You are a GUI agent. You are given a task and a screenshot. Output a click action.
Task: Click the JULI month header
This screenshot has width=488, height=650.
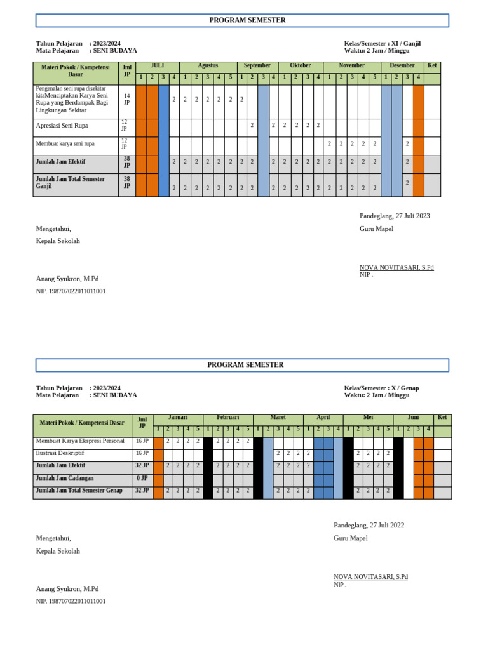157,66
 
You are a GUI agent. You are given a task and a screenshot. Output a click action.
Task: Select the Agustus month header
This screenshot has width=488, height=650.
208,66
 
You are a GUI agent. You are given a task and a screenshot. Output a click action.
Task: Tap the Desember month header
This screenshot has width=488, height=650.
402,66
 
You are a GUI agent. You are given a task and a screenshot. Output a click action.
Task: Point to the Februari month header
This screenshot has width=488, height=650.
227,418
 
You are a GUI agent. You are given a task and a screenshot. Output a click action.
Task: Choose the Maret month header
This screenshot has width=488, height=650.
278,418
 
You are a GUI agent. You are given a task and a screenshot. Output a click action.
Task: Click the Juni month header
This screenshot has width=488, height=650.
413,418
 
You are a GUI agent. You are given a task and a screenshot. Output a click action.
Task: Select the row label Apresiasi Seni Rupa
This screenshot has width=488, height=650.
62,126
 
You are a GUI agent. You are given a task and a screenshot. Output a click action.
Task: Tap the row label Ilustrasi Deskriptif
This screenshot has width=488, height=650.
60,453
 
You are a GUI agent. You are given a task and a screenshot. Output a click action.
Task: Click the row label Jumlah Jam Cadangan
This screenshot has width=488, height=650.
65,478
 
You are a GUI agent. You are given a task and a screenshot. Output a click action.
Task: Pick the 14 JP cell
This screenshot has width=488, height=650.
126,99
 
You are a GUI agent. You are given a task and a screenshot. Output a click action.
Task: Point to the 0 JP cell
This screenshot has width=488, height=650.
142,478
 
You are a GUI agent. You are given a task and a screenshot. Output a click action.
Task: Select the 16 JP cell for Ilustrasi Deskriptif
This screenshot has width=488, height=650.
142,453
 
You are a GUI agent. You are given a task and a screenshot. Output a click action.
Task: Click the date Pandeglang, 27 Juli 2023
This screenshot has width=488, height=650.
395,216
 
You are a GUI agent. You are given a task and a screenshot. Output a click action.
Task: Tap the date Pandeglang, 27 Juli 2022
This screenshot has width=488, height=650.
369,526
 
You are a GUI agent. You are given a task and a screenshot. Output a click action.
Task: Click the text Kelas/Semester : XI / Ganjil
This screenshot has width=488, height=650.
382,44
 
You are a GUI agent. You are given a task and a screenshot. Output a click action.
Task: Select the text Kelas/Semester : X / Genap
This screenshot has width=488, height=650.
381,388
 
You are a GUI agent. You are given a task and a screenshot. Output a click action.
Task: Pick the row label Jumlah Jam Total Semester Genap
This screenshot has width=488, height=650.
79,491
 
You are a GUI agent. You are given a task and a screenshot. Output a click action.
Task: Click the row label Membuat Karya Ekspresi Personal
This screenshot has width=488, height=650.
80,441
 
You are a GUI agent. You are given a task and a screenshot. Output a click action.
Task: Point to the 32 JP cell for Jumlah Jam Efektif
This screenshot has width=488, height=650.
142,465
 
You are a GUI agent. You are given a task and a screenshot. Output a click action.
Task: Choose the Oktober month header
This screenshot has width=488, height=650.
300,66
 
